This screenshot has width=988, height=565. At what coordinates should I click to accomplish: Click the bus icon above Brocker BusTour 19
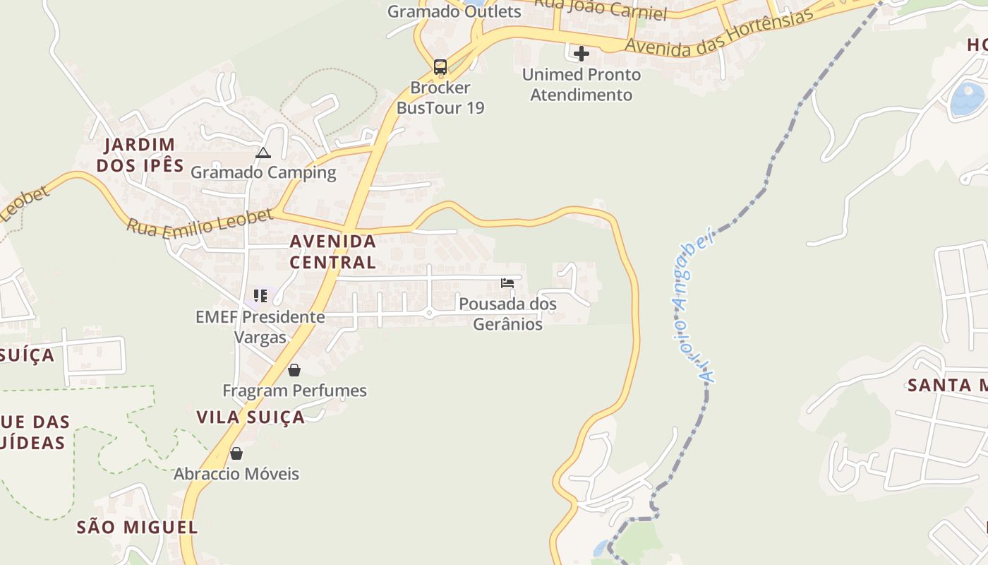tap(440, 67)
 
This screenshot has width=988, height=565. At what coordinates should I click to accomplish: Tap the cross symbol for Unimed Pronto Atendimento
tap(582, 54)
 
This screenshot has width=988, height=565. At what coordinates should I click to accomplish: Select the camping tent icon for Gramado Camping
tap(263, 153)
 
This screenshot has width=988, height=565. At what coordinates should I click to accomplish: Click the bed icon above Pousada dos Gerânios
tap(507, 283)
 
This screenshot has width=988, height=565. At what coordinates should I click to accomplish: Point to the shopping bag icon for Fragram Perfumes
tap(294, 370)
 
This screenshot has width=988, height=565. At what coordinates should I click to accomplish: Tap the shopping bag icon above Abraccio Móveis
tap(236, 453)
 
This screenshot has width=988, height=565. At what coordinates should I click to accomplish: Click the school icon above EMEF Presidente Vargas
tap(260, 295)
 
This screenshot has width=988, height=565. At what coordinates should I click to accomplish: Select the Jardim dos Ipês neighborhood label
tap(140, 155)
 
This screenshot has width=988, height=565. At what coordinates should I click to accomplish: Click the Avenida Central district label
tap(333, 251)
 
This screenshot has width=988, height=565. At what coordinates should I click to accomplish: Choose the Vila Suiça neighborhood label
tap(251, 417)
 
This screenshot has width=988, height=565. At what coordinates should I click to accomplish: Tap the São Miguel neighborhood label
tap(137, 527)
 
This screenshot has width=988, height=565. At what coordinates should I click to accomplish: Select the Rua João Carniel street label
tap(600, 8)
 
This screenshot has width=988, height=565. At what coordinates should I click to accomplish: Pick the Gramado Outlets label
tap(454, 11)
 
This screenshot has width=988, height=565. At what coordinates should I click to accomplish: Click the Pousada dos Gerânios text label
tap(507, 314)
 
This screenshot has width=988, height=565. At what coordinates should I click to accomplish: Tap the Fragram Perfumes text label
tap(294, 391)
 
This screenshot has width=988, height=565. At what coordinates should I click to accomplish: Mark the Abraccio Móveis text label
tap(236, 474)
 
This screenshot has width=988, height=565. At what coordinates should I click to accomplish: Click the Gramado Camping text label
tap(263, 172)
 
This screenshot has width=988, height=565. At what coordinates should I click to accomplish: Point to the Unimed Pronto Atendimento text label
tap(582, 85)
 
